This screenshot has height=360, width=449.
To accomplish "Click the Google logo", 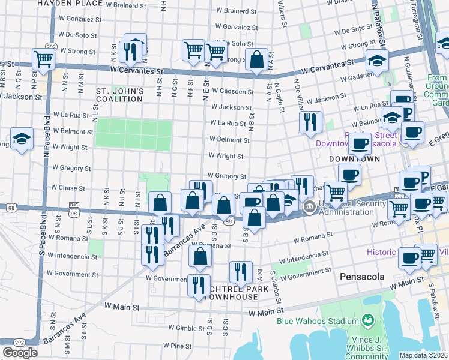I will point(20,353).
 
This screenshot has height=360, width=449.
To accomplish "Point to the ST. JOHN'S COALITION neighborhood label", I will point(120,95).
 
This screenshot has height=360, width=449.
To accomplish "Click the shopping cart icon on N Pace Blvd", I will point(44,59).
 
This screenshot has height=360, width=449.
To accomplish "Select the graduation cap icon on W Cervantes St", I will point(377,61).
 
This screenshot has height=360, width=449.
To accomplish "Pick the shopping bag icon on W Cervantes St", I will point(256,61).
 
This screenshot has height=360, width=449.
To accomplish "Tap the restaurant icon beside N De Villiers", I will point(310,122).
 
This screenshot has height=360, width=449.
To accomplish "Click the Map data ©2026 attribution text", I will point(423,355).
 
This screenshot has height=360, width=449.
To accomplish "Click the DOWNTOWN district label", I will point(355,159).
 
